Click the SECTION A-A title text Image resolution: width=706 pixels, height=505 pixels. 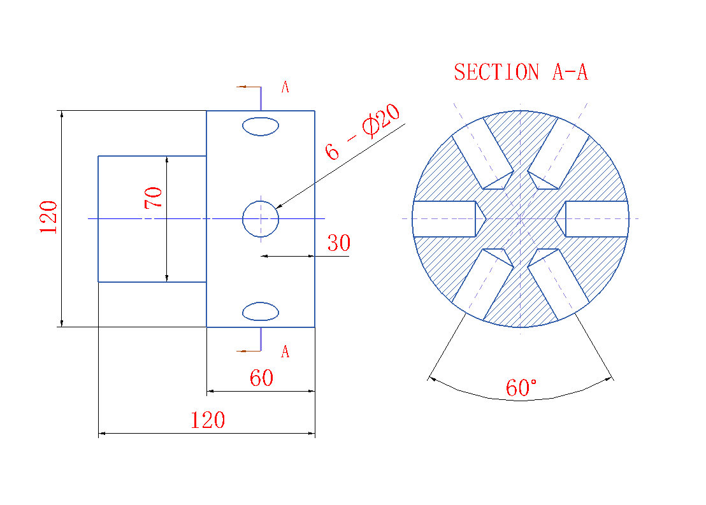(x=521, y=72)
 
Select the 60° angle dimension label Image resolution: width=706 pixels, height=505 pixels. (x=521, y=387)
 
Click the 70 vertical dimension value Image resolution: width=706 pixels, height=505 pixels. (x=154, y=197)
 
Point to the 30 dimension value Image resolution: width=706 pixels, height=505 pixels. (x=338, y=243)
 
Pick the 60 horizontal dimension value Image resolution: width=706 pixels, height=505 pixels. (x=261, y=378)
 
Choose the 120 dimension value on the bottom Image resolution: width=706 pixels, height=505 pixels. (x=208, y=420)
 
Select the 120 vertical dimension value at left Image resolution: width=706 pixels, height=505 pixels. (x=49, y=217)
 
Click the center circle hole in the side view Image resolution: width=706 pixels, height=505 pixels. (x=261, y=219)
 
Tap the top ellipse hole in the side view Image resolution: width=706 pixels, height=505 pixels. (x=261, y=126)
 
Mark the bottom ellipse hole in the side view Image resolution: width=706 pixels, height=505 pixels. (x=261, y=311)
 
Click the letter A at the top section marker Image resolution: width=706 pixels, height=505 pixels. (x=285, y=88)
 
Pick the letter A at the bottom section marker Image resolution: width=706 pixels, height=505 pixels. (x=285, y=352)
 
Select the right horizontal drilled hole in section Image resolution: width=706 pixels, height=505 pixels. (x=595, y=219)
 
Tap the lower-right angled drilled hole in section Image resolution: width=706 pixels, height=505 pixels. (x=559, y=282)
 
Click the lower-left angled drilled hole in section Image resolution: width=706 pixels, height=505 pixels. (x=482, y=282)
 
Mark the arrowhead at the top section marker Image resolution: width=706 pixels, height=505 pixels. (x=240, y=87)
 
